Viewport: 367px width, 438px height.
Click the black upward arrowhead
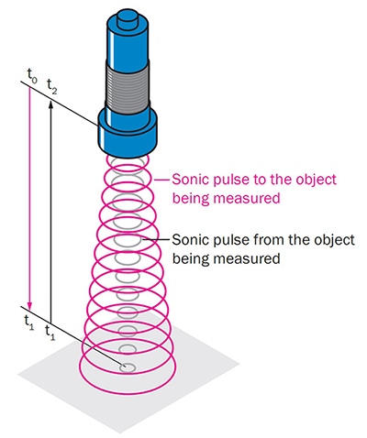pos(51,101)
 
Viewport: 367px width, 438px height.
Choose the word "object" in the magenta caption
pos(324,180)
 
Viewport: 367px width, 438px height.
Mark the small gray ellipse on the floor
pos(128,367)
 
